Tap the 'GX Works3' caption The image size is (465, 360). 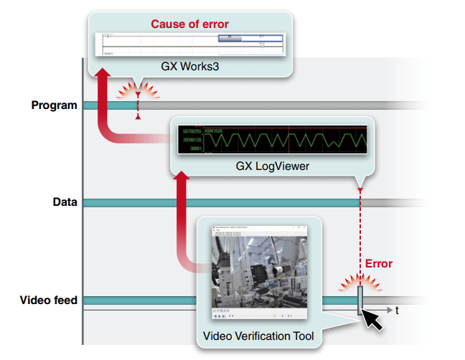(189, 65)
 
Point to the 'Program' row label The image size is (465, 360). (55, 105)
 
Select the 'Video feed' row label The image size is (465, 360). (49, 300)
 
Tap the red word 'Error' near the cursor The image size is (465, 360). (379, 263)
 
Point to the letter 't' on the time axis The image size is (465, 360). (398, 311)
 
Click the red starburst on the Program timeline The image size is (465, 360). (138, 93)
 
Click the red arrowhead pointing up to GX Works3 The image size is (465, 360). (103, 73)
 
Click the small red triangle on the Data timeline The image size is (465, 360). (360, 190)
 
